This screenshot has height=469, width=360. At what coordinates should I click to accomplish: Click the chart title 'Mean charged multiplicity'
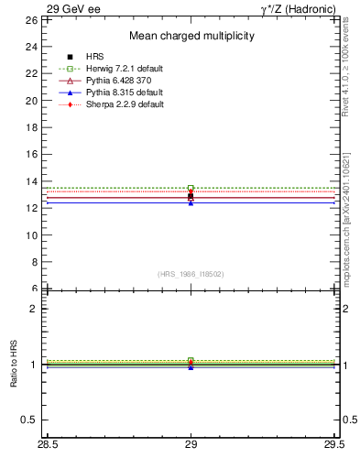coord(191,36)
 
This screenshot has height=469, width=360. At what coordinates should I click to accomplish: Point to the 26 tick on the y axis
coord(30,19)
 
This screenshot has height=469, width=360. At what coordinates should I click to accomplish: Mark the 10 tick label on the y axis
coord(30,234)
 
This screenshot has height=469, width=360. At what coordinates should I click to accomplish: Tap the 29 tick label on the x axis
coord(191,445)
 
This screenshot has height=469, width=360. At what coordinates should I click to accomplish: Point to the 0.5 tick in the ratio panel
coord(28,420)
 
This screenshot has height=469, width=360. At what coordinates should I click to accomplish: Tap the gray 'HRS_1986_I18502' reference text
coord(191,274)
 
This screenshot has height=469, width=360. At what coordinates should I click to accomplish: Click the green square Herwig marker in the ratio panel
coord(191,360)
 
